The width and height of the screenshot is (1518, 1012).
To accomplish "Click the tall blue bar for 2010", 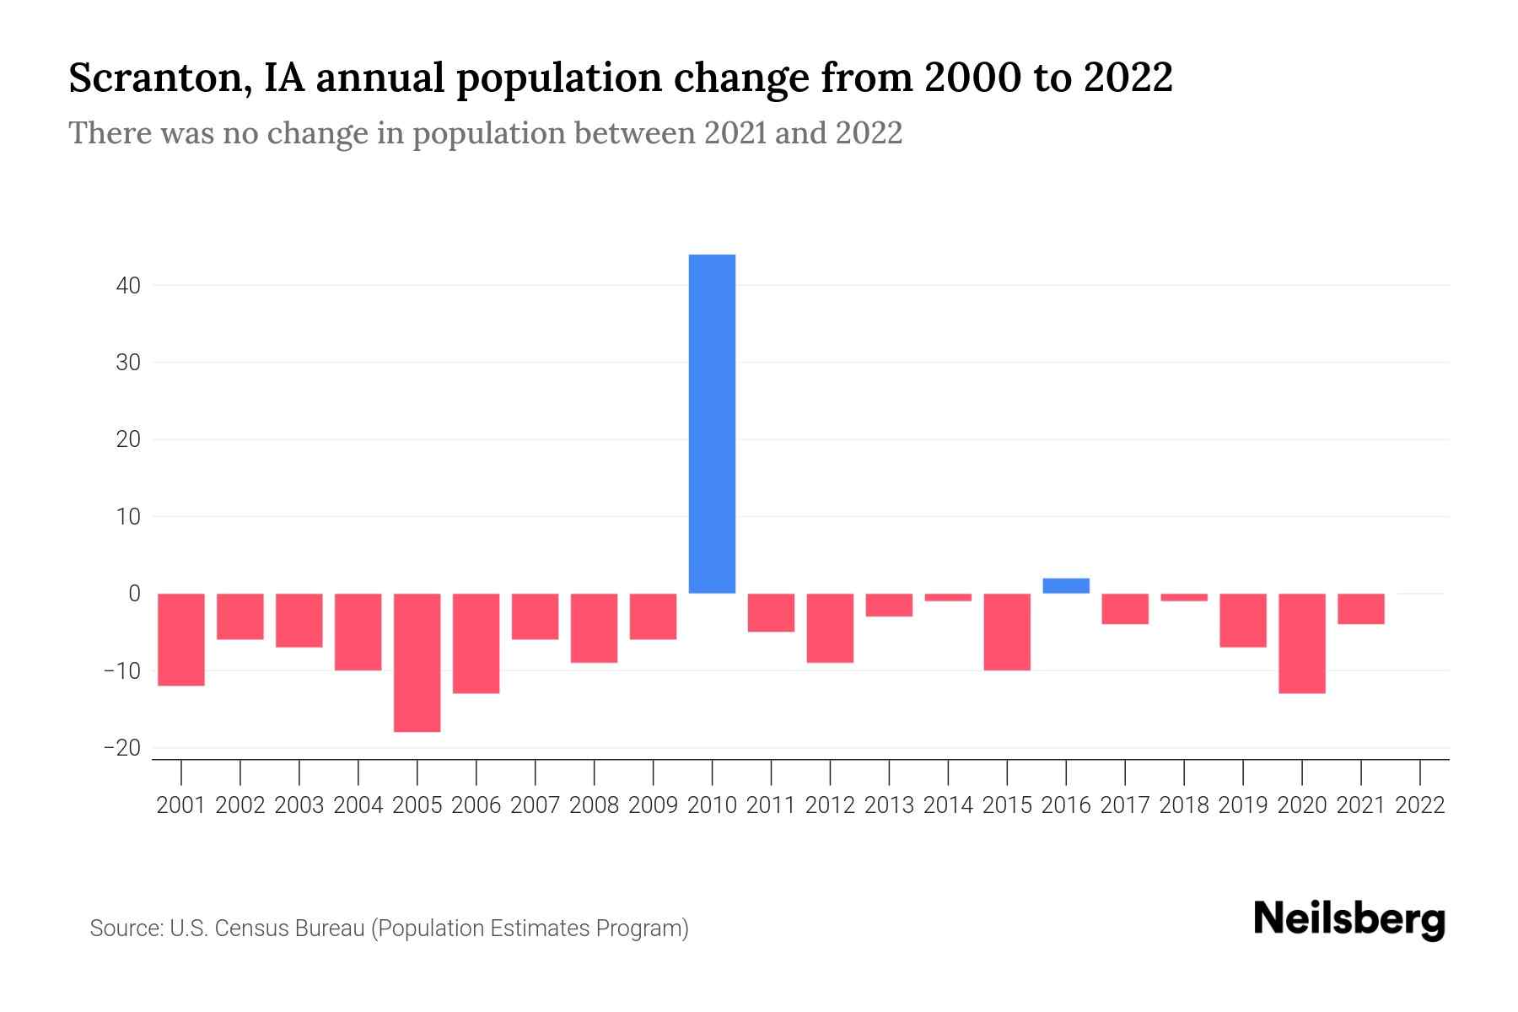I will [712, 423].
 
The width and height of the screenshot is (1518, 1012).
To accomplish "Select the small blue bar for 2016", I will [1066, 586].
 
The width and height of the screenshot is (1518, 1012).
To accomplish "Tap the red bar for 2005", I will [417, 662].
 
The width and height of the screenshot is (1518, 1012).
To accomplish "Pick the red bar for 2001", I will [181, 639].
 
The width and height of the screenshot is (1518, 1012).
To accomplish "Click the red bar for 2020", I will [1302, 643].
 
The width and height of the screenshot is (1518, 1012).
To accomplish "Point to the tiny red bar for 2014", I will [948, 597].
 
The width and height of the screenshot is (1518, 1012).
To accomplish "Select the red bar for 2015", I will [1007, 632].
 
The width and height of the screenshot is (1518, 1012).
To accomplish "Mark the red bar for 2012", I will [830, 627].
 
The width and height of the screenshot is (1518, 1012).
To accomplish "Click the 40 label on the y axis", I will [128, 286].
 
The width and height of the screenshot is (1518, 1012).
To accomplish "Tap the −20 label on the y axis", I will [122, 748].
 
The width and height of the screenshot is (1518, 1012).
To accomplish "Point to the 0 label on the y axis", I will [134, 594].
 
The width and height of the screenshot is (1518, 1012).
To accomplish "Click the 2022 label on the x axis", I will [1420, 805].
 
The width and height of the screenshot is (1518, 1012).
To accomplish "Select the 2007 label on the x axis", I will [535, 805].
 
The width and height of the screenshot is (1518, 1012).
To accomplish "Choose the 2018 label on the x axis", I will [1184, 805].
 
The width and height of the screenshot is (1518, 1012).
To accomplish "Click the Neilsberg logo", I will [1349, 920].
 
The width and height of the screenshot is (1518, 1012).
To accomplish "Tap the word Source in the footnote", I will [125, 929].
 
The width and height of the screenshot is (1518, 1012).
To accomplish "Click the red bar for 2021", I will [1361, 609].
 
